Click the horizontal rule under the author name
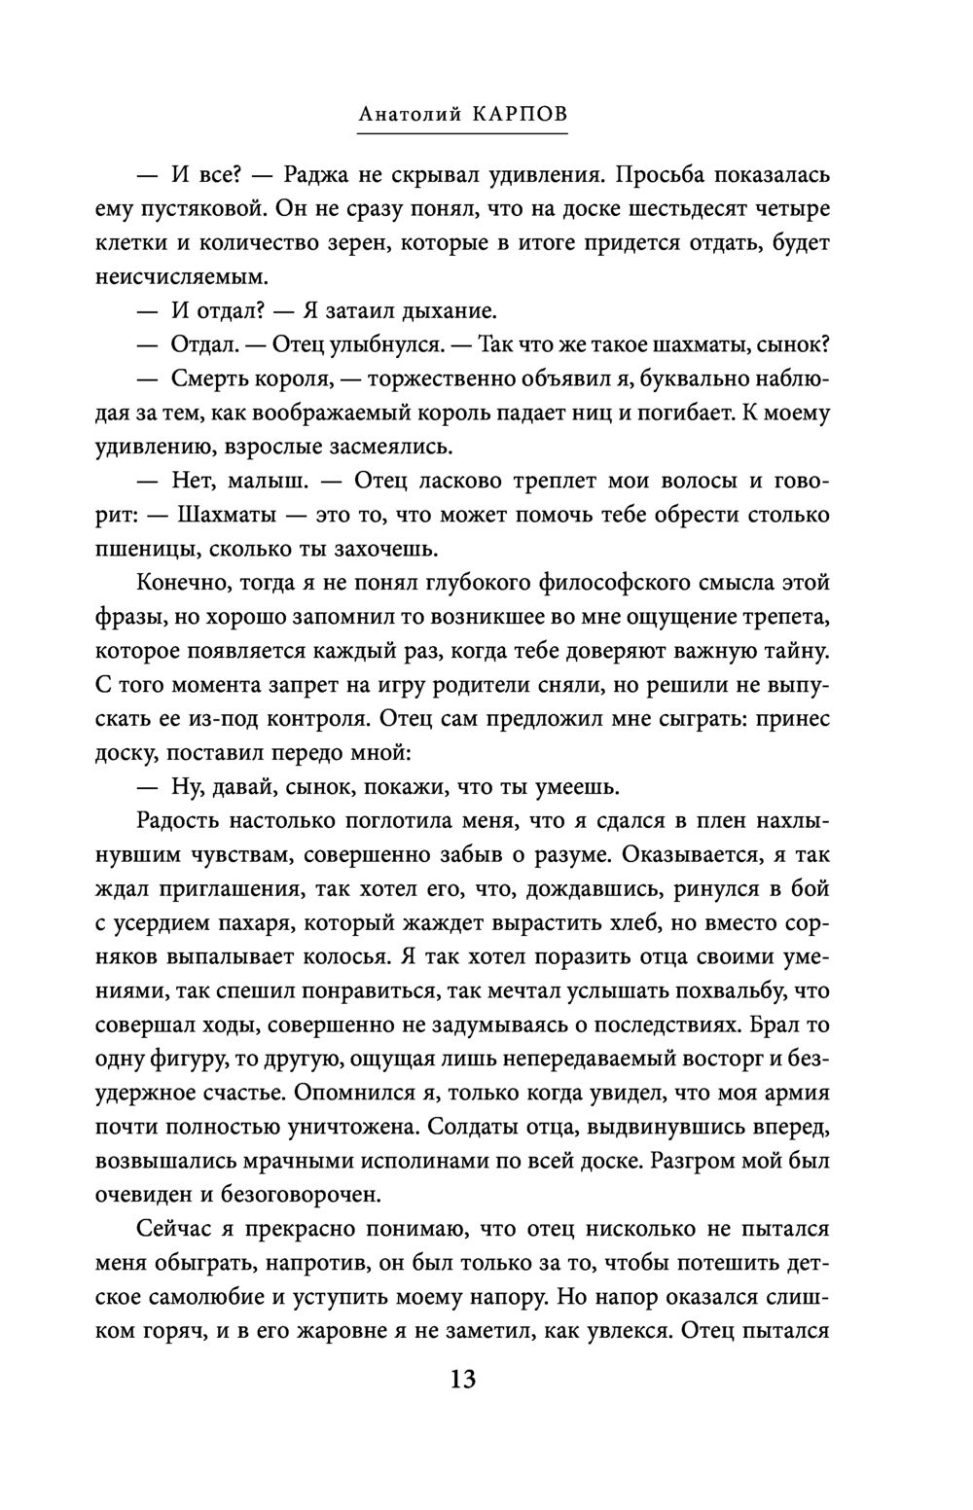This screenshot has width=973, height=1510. [x=462, y=133]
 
